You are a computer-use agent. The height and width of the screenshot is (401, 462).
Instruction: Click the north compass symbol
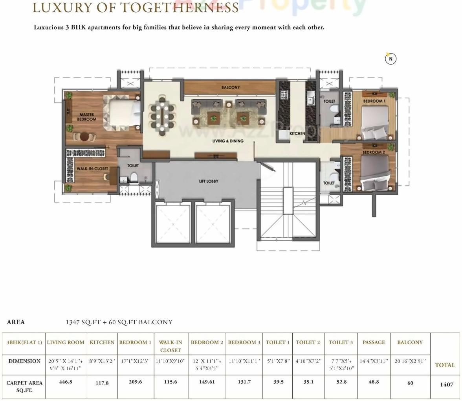click(x=390, y=59)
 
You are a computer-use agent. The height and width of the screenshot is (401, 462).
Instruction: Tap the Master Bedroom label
click(x=86, y=117)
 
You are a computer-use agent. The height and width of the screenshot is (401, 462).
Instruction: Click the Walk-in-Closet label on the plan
click(x=92, y=168)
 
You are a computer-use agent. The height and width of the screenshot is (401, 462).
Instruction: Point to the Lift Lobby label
click(x=209, y=181)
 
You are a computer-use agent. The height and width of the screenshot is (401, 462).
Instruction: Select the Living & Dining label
click(x=228, y=141)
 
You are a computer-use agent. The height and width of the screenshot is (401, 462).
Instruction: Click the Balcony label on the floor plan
click(x=230, y=87)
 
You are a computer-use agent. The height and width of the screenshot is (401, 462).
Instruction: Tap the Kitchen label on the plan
click(x=297, y=133)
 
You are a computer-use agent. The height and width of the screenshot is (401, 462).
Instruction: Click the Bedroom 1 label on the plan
click(x=374, y=101)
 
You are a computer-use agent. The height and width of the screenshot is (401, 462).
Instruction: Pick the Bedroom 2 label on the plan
click(x=373, y=152)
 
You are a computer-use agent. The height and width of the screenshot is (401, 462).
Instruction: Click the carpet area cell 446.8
click(x=65, y=382)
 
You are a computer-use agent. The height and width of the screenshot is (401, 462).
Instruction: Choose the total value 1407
click(x=447, y=384)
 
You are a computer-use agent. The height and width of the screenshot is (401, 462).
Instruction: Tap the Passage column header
click(x=374, y=342)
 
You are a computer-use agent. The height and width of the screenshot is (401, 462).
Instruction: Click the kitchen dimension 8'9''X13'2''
click(x=102, y=361)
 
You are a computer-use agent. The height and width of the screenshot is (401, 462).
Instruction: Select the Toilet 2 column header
click(x=308, y=342)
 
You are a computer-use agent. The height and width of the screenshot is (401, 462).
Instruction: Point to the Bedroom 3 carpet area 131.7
click(x=244, y=382)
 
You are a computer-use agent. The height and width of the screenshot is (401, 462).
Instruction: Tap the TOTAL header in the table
click(x=445, y=365)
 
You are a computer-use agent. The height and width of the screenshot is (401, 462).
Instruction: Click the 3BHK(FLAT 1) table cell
click(x=24, y=342)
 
